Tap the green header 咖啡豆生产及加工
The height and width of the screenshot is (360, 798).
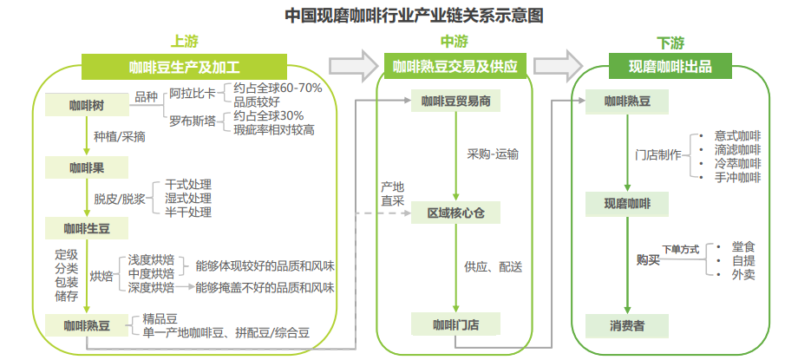pyautogui.click(x=184, y=66)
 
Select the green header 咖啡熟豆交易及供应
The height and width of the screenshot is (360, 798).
pyautogui.click(x=455, y=66)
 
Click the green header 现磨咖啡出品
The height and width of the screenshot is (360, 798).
pyautogui.click(x=670, y=66)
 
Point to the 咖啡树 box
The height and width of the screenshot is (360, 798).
pyautogui.click(x=87, y=106)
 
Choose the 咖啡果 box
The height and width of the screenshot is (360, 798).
pyautogui.click(x=87, y=167)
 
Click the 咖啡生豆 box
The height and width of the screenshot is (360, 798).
pyautogui.click(x=87, y=228)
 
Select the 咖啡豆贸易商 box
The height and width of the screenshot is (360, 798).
pyautogui.click(x=456, y=101)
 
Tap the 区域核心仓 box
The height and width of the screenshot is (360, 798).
pyautogui.click(x=456, y=213)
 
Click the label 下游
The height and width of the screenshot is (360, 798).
pyautogui.click(x=670, y=42)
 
